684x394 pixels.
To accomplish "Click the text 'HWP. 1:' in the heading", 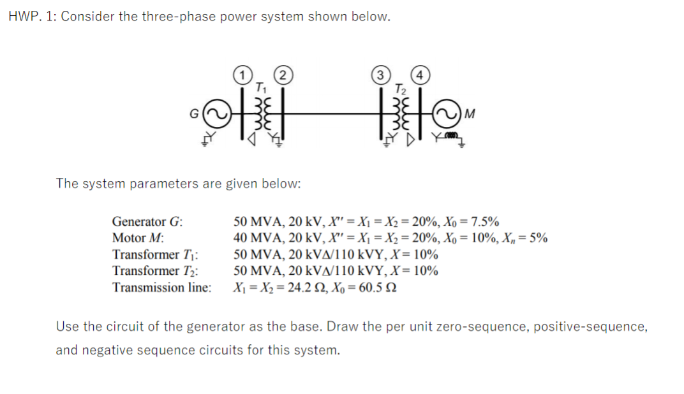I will coord(32,17).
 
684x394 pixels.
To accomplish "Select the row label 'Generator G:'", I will coord(147,222).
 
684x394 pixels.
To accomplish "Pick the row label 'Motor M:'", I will coord(137,238).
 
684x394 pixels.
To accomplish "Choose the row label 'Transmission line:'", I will coord(161,287).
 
